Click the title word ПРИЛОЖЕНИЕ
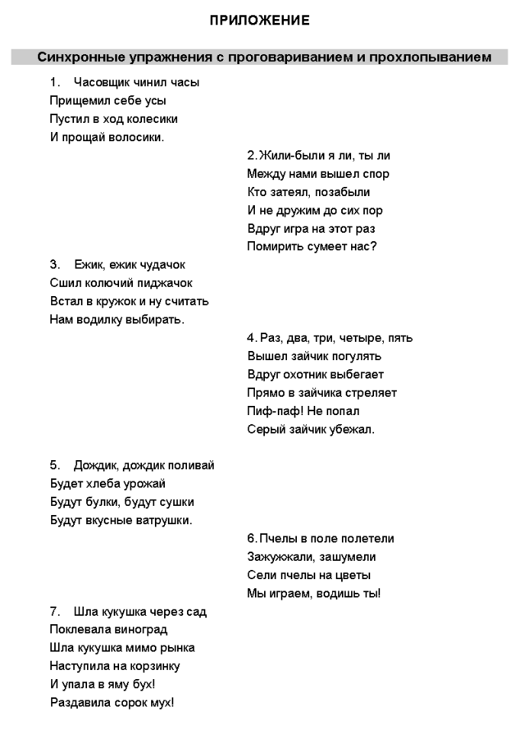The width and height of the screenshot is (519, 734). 260,21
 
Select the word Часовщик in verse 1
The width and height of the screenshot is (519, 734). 98,82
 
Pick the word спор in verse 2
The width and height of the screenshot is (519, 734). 376,174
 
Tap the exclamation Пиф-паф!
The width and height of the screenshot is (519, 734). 271,411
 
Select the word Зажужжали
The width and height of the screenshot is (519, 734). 278,557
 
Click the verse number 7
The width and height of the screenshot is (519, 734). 54,612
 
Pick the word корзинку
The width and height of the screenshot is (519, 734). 151,666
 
